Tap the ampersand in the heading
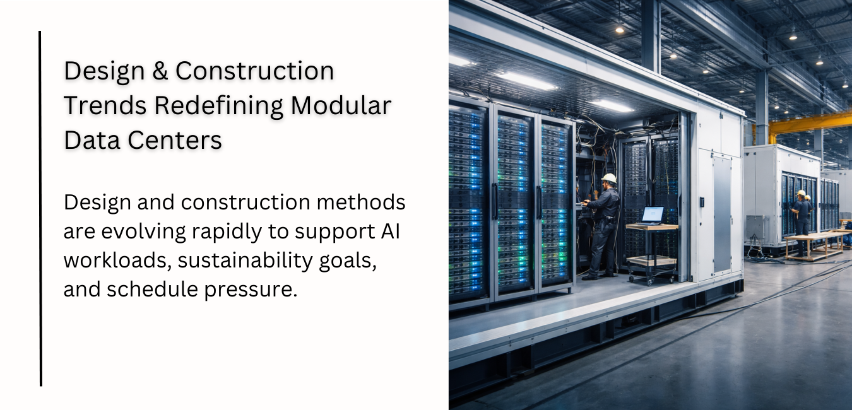tap(161, 71)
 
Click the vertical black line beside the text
tap(40, 208)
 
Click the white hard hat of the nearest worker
tap(609, 179)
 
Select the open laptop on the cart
tap(651, 215)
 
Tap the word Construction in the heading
tap(254, 71)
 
